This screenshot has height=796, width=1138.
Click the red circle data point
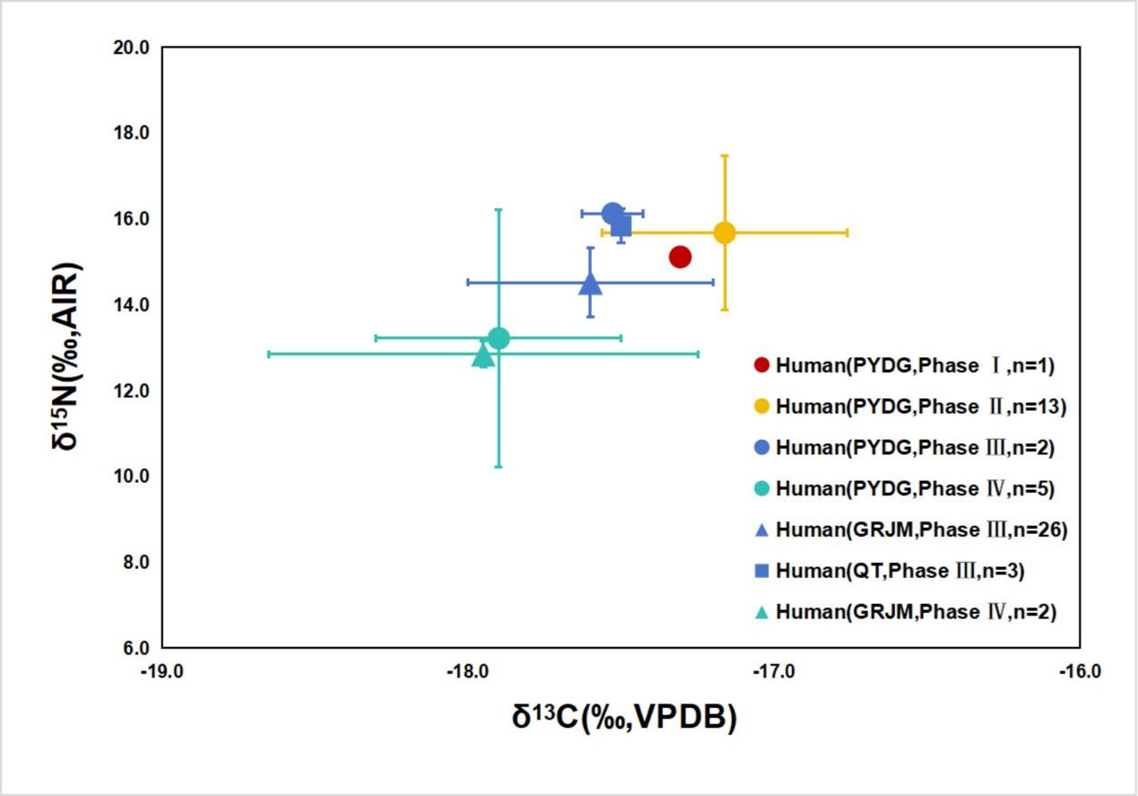click(680, 258)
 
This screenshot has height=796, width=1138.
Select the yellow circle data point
click(725, 232)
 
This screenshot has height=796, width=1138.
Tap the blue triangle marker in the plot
click(590, 284)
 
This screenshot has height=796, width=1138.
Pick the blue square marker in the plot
click(621, 226)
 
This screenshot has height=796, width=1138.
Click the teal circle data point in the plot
click(499, 338)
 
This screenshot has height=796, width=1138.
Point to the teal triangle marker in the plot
click(482, 356)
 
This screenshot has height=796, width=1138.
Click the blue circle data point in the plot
click(612, 213)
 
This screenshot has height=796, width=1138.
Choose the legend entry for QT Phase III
click(899, 571)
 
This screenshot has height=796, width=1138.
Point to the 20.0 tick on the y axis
click(131, 47)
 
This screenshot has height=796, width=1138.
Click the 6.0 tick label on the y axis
click(135, 648)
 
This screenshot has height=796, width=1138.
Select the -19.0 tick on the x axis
click(162, 671)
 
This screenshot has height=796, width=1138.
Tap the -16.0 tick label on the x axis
click(1079, 671)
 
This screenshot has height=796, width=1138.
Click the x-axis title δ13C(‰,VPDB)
click(624, 718)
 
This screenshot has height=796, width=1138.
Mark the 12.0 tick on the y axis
click(131, 390)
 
